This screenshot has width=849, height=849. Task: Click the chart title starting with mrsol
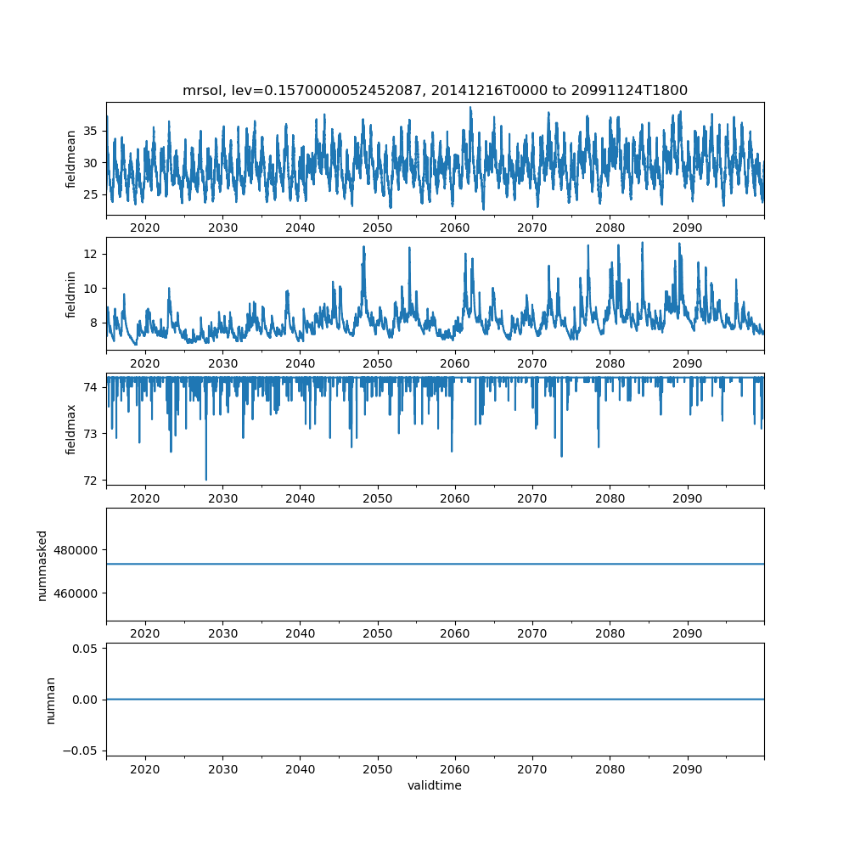(435, 90)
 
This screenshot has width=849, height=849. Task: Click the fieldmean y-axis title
(71, 159)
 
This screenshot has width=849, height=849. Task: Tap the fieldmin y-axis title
(71, 294)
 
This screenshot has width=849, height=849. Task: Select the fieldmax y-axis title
(71, 429)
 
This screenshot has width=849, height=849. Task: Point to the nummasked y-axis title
(42, 565)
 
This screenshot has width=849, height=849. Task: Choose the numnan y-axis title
(50, 700)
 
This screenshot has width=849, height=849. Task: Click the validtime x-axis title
(435, 785)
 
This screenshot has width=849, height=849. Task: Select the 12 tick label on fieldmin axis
(91, 254)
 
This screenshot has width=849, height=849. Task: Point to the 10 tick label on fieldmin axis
(91, 288)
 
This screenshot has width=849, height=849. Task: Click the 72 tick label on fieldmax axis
(91, 481)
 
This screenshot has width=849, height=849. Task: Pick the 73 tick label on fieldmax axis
(91, 434)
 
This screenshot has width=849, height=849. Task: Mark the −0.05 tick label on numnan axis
(83, 751)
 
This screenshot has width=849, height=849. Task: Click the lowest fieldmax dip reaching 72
(205, 479)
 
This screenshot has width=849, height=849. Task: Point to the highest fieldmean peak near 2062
(470, 108)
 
